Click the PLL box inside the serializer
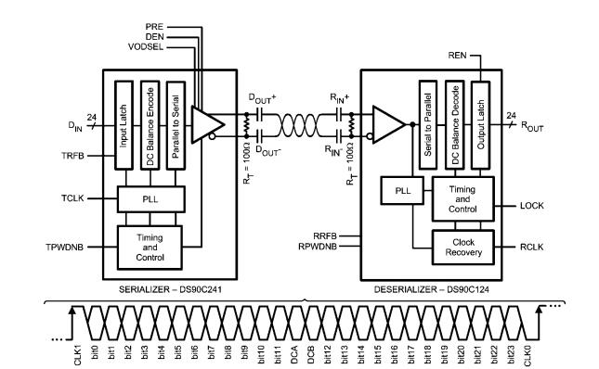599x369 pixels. pyautogui.click(x=150, y=197)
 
